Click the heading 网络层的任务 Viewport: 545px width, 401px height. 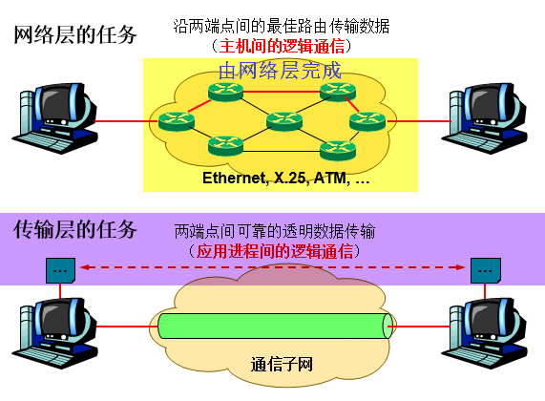click(75, 36)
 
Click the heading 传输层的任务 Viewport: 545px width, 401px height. click(75, 230)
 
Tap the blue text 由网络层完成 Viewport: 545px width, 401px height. click(280, 69)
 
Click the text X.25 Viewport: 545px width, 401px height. click(292, 179)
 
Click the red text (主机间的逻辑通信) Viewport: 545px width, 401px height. click(279, 45)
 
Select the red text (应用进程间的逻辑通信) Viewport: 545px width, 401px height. click(275, 251)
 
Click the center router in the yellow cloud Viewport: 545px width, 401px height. click(283, 121)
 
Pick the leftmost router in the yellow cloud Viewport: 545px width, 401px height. click(177, 121)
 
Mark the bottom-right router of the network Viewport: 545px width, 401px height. click(337, 149)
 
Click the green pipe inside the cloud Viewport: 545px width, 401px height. click(273, 326)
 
